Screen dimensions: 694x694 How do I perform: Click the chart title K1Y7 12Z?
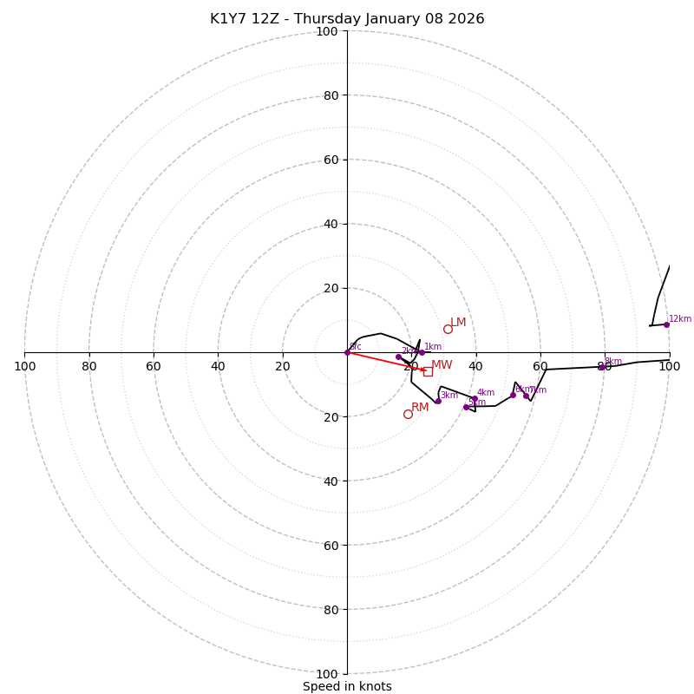pyautogui.click(x=347, y=19)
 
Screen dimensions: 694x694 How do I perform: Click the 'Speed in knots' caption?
pyautogui.click(x=347, y=686)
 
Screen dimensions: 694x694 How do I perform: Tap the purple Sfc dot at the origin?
pyautogui.click(x=347, y=352)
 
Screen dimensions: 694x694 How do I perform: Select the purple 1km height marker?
pyautogui.click(x=422, y=352)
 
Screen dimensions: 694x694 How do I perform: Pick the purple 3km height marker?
pyautogui.click(x=438, y=401)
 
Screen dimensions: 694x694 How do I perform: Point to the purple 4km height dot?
pyautogui.click(x=475, y=398)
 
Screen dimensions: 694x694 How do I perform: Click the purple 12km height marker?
pyautogui.click(x=666, y=324)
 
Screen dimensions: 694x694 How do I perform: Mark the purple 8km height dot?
pyautogui.click(x=601, y=367)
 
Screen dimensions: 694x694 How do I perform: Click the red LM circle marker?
pyautogui.click(x=448, y=329)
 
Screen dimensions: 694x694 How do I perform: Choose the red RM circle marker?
pyautogui.click(x=408, y=414)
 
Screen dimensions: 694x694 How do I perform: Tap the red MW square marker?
pyautogui.click(x=428, y=371)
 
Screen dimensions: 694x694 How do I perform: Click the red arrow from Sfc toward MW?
pyautogui.click(x=386, y=361)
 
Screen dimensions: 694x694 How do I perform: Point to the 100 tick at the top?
pyautogui.click(x=327, y=31)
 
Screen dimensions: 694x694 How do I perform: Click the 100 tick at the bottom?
pyautogui.click(x=327, y=673)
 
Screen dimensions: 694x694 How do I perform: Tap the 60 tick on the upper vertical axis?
pyautogui.click(x=327, y=160)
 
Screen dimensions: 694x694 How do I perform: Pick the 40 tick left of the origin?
pyautogui.click(x=218, y=366)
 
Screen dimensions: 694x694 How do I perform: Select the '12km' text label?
pyautogui.click(x=680, y=318)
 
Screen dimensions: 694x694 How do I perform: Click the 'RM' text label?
pyautogui.click(x=420, y=407)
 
